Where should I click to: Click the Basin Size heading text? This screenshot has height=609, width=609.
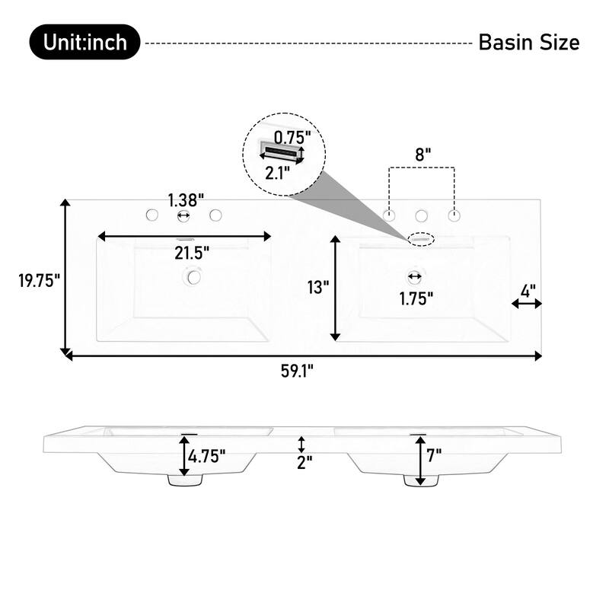coord(528,43)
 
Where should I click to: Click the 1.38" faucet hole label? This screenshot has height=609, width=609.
coord(186,200)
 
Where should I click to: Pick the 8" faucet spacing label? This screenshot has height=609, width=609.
coord(422,153)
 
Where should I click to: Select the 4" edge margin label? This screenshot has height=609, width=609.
coord(528,289)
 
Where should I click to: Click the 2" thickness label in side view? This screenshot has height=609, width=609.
coord(304,462)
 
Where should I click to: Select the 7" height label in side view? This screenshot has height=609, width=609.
coord(435,458)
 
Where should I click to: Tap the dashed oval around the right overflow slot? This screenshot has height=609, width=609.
coord(420,239)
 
